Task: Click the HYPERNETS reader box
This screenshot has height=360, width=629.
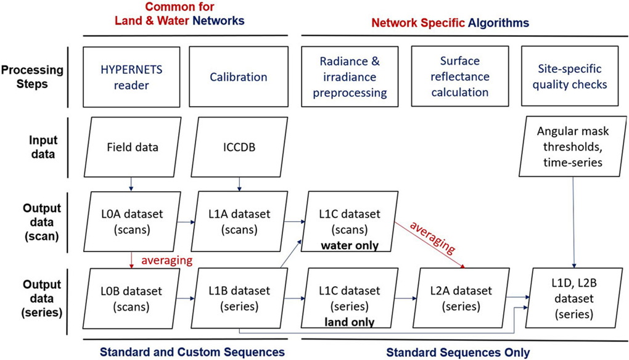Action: click(131, 76)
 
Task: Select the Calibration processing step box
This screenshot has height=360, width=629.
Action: click(238, 76)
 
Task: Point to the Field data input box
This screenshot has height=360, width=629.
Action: click(131, 147)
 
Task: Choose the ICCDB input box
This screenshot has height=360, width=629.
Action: click(238, 147)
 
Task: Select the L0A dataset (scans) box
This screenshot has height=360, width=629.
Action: click(131, 220)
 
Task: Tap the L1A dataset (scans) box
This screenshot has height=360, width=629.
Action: click(238, 220)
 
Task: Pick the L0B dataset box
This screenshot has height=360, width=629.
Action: click(131, 297)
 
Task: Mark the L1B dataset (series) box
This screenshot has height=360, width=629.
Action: click(238, 297)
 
